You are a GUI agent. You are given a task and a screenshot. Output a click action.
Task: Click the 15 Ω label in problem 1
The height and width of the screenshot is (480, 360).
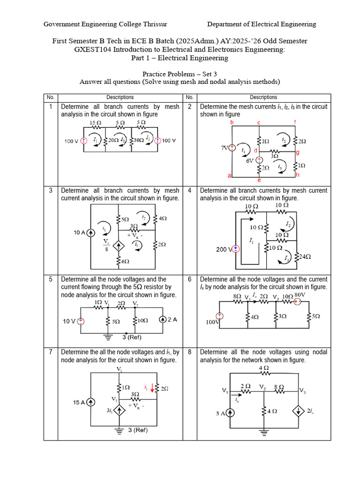95,123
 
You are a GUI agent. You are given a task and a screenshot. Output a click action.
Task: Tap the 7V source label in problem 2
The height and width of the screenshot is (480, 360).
225,148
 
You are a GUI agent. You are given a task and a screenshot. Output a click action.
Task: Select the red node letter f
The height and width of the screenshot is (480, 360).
295,122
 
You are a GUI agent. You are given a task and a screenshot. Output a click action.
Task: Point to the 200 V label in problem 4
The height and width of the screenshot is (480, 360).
224,249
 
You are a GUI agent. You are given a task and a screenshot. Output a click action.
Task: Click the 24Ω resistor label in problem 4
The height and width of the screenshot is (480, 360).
305,256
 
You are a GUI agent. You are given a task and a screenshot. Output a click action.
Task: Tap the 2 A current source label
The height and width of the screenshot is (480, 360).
172,320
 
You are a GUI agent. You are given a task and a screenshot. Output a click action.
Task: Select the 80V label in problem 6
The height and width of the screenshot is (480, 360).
300,295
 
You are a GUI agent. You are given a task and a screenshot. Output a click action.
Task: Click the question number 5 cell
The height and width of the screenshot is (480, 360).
51,279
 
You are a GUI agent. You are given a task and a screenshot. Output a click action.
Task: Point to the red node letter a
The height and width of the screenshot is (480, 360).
230,175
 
